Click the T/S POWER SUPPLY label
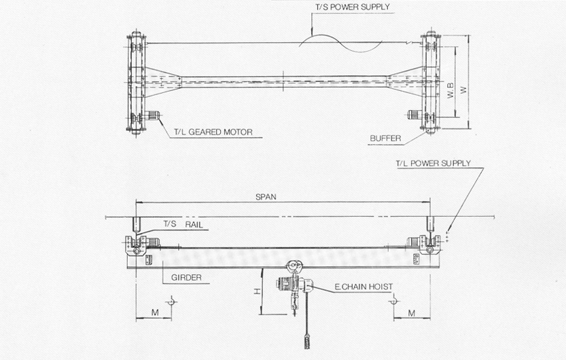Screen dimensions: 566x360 tap(352, 7)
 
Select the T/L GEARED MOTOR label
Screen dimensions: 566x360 tap(213, 132)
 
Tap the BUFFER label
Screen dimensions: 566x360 tap(385, 138)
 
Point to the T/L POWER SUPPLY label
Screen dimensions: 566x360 tap(434, 164)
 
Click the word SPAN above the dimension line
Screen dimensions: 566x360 tap(266, 197)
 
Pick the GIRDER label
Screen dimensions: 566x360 tap(186, 277)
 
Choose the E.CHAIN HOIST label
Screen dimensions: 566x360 tap(364, 287)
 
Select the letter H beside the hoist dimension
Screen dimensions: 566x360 tap(257, 291)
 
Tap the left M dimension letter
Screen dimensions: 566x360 tap(155, 312)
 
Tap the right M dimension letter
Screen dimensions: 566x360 tap(412, 313)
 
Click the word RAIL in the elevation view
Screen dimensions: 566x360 tap(194, 225)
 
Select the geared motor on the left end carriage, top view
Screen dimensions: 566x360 tap(152, 115)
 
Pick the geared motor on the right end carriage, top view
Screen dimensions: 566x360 tap(414, 115)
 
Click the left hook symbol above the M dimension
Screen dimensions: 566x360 tap(171, 301)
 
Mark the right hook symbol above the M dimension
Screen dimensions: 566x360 tap(394, 300)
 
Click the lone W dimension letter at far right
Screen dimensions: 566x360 tap(464, 90)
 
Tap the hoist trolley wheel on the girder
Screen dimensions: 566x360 tap(292, 266)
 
